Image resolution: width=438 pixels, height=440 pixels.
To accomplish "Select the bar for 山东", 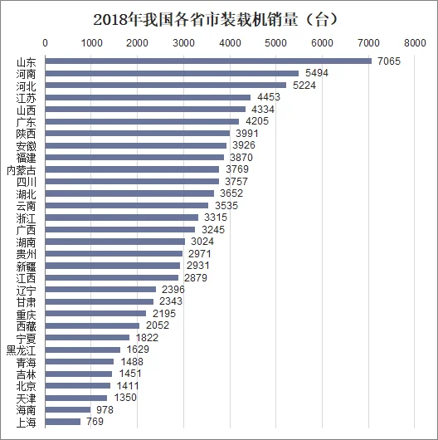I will point(207,61).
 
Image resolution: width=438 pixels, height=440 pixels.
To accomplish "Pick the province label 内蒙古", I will point(22,169).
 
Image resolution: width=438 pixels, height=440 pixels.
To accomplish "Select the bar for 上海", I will point(62,422).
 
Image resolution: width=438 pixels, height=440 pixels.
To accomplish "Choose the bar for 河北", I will point(165,85).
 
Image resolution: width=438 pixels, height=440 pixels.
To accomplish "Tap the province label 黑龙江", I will point(22,350).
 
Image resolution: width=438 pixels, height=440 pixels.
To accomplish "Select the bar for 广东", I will point(142,121).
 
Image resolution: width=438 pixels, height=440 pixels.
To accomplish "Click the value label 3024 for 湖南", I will point(204,242).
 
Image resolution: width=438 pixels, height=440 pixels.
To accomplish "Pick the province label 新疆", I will point(27,266).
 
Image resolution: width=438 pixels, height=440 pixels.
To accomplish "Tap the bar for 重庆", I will point(95,314).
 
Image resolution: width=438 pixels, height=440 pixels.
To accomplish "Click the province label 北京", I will point(27,386).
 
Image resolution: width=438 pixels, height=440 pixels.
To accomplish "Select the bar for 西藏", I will point(92,325).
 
